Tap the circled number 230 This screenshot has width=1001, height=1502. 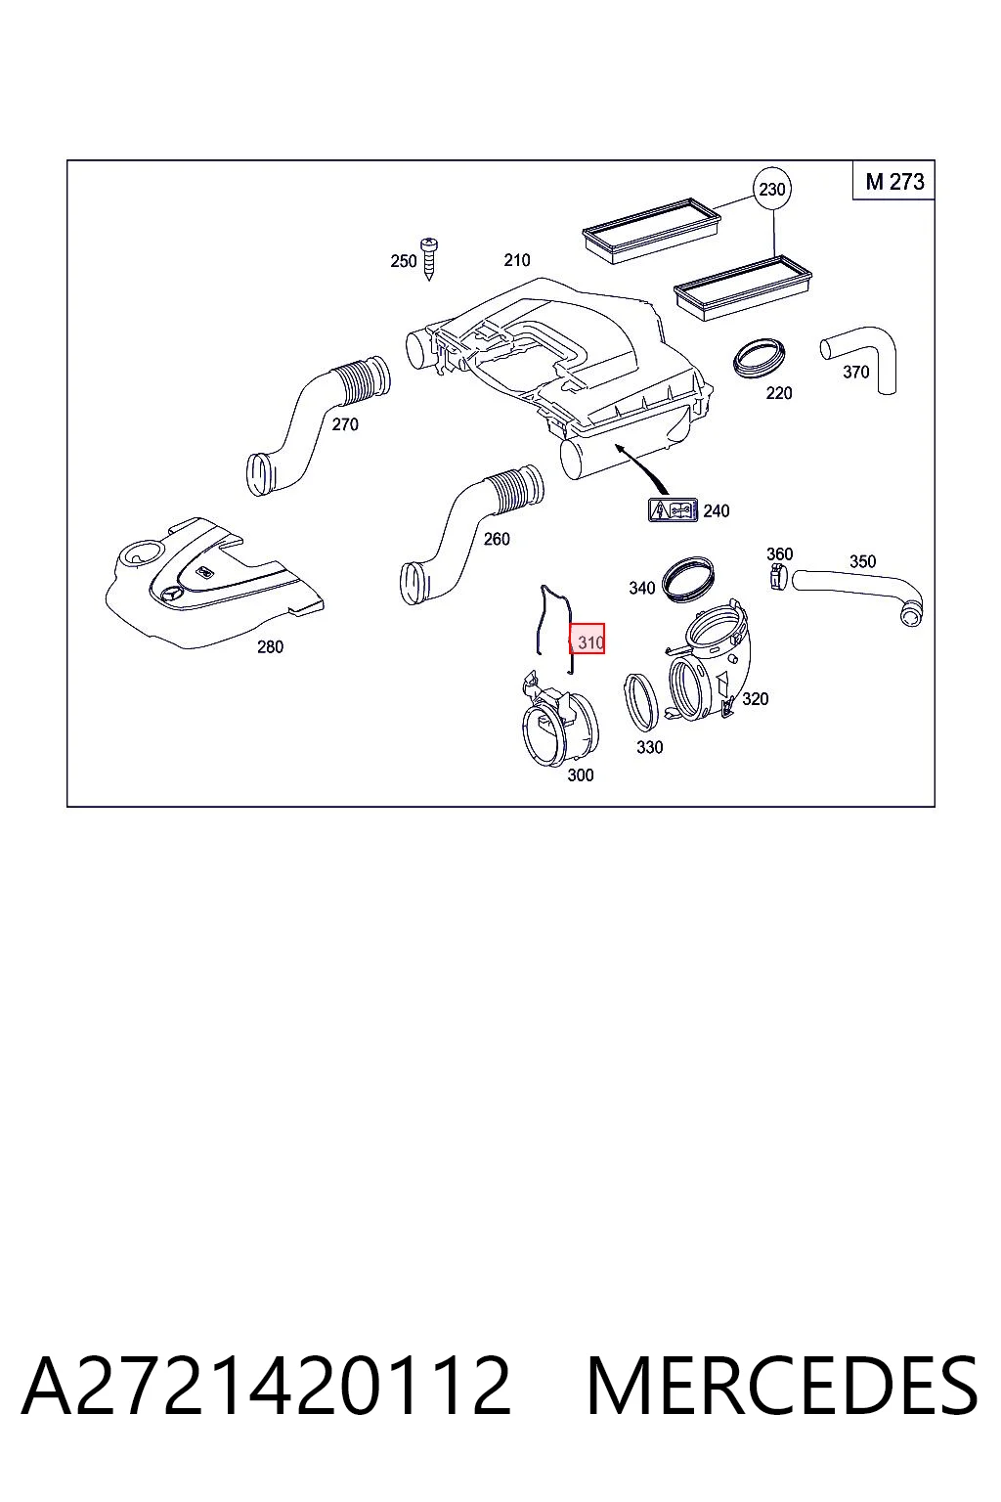(x=771, y=189)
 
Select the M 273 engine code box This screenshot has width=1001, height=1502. (x=893, y=181)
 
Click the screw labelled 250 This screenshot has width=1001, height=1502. (x=428, y=259)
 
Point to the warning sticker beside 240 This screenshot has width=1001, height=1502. (x=674, y=510)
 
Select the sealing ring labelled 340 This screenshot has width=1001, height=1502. (x=688, y=578)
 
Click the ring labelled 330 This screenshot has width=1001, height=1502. (x=641, y=702)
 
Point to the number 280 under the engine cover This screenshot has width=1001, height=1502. (x=270, y=647)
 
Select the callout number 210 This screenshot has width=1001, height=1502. (x=517, y=260)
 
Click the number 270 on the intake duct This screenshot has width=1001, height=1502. (x=345, y=424)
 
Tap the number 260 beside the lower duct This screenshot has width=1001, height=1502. (x=497, y=539)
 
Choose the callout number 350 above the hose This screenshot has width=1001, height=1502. (x=863, y=562)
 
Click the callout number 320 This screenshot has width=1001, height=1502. (x=755, y=699)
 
